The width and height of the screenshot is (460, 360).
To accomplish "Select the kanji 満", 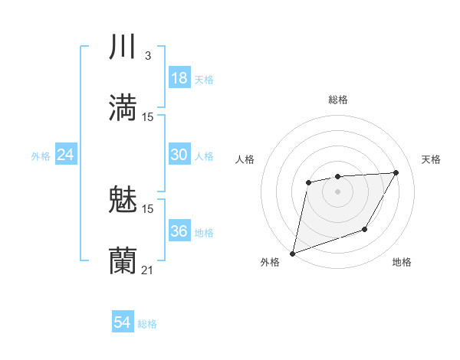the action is pos(123,108).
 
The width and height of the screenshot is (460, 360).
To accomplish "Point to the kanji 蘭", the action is pos(123,260).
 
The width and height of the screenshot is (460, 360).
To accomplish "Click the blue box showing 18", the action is pos(179,78).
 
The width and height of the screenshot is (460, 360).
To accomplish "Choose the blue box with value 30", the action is pos(179,155).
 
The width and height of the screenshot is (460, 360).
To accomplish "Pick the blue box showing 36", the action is pos(179,231).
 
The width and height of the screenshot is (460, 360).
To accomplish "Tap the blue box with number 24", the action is pos(66,155).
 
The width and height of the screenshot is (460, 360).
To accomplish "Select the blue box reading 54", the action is pos(123,323).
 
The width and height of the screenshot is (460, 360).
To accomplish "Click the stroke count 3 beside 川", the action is pos(147,55).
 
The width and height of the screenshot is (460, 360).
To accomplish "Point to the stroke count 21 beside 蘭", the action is pos(148,270).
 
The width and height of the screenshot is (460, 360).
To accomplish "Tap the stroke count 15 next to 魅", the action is pos(148,208).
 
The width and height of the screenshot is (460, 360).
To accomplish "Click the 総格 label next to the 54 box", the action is pos(147,324).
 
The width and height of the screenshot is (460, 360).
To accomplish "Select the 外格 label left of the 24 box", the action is pos(41,156).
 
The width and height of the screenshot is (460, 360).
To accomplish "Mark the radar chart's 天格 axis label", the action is pos(431,159).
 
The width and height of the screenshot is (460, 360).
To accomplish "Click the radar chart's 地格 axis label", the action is pos(402,263).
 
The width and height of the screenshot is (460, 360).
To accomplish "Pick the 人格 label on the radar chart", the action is pos(245,159).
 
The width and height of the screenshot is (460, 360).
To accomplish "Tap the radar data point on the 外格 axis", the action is pos(293,253).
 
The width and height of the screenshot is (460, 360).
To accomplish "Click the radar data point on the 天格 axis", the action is pos(396,172).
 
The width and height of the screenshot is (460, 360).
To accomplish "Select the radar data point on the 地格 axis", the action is pos(365,229).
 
